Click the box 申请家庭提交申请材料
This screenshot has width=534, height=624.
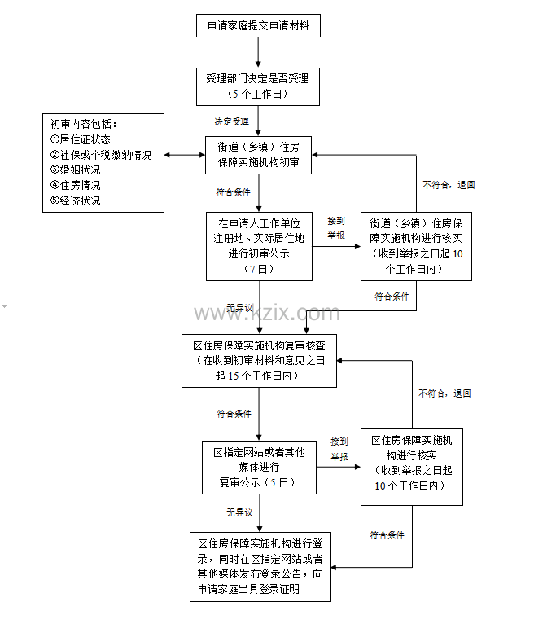point(258,25)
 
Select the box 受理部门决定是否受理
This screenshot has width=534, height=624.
point(258,86)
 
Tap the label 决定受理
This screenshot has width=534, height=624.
point(231,121)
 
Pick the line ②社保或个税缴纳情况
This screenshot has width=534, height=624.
point(101,155)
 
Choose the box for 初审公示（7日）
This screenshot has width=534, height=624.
point(258,245)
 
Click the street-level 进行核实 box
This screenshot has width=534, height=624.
point(416,245)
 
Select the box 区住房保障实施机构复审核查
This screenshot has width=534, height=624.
point(258,361)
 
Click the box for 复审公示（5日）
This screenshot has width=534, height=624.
point(258,468)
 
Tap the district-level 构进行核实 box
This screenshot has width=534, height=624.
point(412,463)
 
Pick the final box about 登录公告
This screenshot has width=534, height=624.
point(260,565)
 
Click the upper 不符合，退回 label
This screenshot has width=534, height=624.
point(449,185)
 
